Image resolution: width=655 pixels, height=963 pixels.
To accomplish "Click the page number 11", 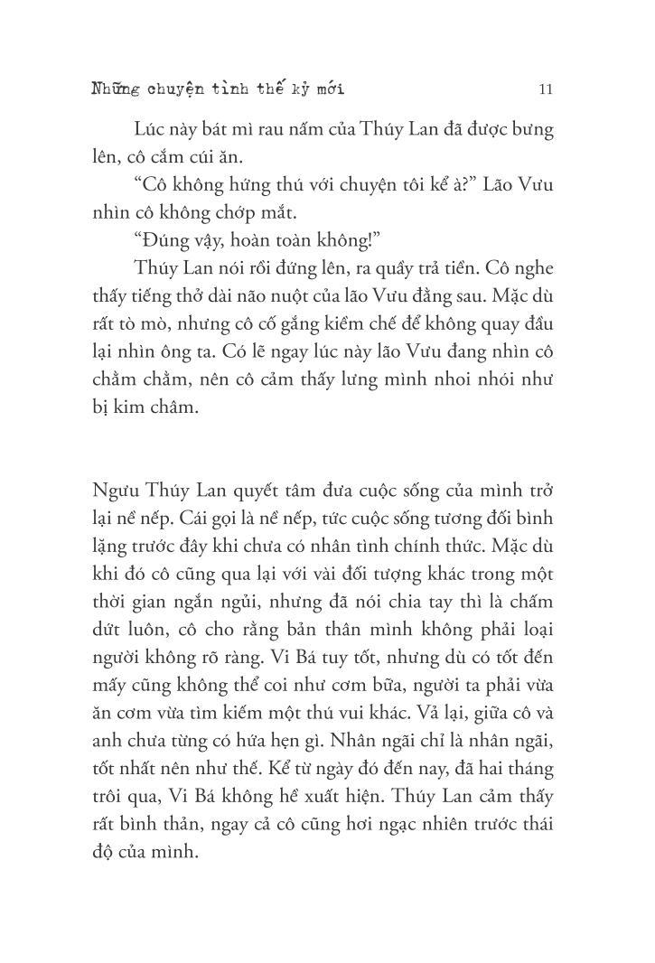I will click(x=545, y=89).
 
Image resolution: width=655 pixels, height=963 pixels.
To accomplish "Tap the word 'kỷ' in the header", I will click(x=295, y=89).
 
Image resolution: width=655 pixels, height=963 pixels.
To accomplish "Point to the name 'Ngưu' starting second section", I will click(x=116, y=492).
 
